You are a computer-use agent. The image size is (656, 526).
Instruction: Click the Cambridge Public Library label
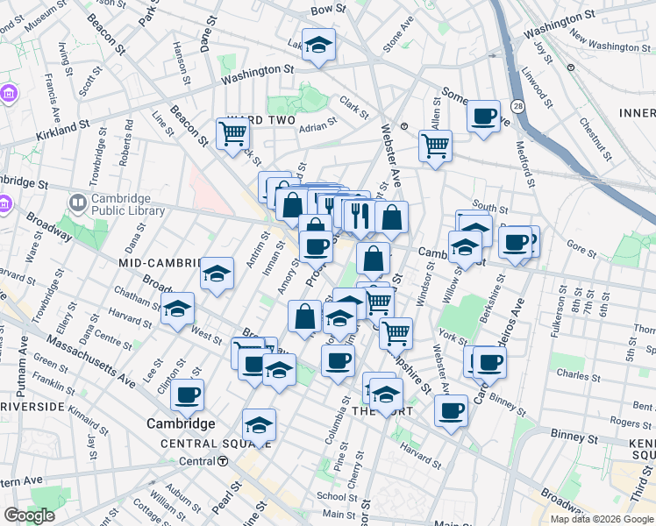[128, 204]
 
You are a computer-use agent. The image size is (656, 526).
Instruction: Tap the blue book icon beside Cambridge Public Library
[78, 204]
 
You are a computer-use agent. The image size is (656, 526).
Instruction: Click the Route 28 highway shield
[518, 106]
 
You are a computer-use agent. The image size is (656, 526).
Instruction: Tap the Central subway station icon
[210, 461]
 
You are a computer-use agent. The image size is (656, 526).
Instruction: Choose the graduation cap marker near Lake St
[318, 45]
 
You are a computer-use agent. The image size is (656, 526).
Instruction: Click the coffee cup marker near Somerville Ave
[483, 116]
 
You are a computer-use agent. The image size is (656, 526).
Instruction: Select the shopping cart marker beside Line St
[232, 134]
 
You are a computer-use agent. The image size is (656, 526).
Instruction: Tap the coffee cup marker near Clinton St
[188, 394]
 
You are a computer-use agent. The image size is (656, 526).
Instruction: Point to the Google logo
[30, 515]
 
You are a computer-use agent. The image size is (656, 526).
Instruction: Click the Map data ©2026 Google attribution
[601, 519]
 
